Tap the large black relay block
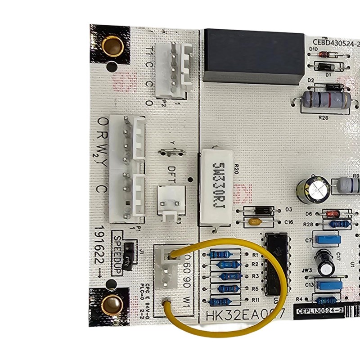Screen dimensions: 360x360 tap(254, 56)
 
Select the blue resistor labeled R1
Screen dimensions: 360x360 tap(220, 255)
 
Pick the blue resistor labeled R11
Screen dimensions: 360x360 tap(220, 301)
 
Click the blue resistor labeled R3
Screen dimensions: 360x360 tap(230, 276)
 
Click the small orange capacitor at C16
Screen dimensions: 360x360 tap(256, 221)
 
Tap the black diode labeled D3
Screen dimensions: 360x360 tap(258, 210)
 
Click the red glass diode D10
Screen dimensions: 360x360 tap(324, 54)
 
